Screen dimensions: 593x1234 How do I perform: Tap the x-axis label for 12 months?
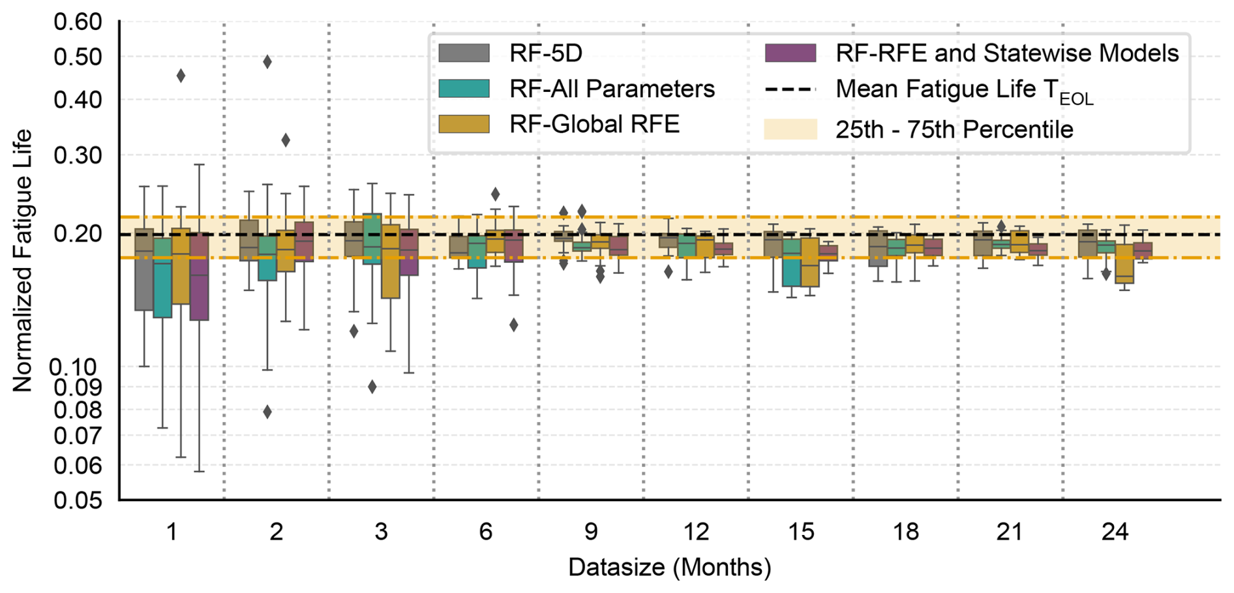(696, 532)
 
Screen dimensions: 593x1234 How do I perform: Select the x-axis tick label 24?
(1115, 532)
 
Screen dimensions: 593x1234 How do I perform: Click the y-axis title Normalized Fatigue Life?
(22, 261)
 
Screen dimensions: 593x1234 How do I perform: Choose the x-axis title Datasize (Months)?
(669, 567)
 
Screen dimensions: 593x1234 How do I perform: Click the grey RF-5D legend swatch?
(464, 53)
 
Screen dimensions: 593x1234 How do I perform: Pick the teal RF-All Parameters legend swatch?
(464, 89)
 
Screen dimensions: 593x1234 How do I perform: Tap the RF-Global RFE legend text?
(594, 124)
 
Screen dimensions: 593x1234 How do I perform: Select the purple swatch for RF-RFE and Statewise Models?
(790, 53)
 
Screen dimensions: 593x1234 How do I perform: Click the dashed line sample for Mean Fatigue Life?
(790, 89)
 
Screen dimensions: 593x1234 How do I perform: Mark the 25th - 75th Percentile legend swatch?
(790, 129)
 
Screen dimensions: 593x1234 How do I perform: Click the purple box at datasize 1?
(199, 277)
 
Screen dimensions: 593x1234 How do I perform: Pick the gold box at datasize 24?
(1124, 264)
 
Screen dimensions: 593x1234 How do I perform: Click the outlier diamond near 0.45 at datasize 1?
(181, 76)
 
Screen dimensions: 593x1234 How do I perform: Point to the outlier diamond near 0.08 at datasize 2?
(267, 412)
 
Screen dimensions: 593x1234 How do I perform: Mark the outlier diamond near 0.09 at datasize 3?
(372, 387)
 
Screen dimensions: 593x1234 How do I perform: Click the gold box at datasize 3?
(390, 261)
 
